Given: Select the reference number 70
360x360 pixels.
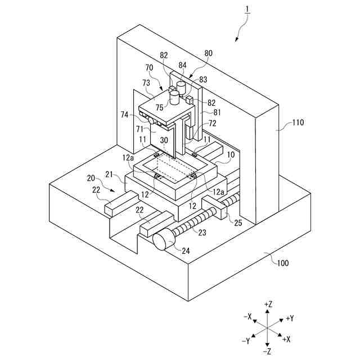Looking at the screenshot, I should pos(149,67).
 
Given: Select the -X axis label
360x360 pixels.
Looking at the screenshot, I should pos(247,316).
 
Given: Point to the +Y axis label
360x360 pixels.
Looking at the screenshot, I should pos(290,318).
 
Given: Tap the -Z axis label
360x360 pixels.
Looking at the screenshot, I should pos(268,351).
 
